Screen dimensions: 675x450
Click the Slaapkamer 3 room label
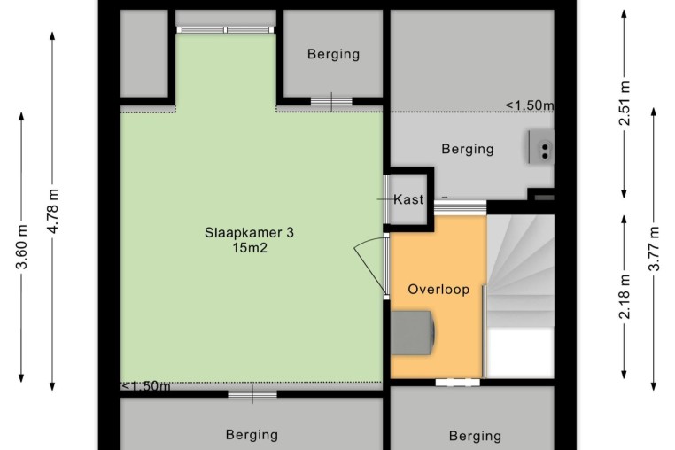(x=249, y=233)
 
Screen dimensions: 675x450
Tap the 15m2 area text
(x=250, y=248)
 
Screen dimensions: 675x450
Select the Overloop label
(x=438, y=290)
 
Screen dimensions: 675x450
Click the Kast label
(x=408, y=199)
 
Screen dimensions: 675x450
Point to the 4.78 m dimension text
(x=52, y=211)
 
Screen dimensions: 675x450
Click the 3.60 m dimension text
(x=21, y=247)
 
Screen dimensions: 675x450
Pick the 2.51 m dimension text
(x=625, y=104)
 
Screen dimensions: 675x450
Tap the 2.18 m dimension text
(x=625, y=297)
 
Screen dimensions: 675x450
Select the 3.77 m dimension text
(x=654, y=248)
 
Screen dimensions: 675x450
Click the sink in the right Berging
(x=541, y=146)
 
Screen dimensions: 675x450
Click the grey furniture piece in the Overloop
(x=413, y=333)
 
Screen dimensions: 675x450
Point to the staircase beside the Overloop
(x=520, y=297)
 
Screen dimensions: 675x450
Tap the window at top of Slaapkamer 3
(x=226, y=30)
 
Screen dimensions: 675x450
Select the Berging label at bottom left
(x=252, y=435)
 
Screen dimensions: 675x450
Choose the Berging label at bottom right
(x=475, y=436)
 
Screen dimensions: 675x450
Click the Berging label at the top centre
(x=334, y=54)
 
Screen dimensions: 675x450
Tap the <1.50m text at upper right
(x=530, y=105)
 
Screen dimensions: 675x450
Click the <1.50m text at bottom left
(x=146, y=386)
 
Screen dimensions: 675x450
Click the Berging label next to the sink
(x=468, y=149)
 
